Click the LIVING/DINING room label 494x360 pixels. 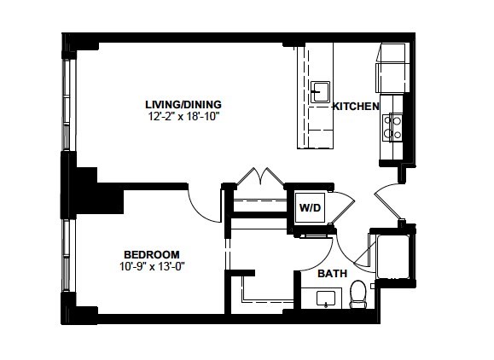pos(183,105)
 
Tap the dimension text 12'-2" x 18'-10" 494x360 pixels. pos(183,117)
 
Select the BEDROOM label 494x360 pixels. pos(152,254)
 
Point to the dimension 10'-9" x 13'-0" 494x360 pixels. pos(152,267)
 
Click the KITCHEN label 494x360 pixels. pos(356,107)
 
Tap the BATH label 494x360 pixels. pos(333,273)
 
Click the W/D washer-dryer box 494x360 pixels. pos(310,208)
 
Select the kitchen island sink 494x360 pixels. pos(320,92)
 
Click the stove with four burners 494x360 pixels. pos(392,128)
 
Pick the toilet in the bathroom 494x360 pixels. pos(358,293)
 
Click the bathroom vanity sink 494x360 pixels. pos(326,299)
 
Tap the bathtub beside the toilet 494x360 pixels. pos(392,257)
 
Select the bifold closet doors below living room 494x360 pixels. pos(260,177)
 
